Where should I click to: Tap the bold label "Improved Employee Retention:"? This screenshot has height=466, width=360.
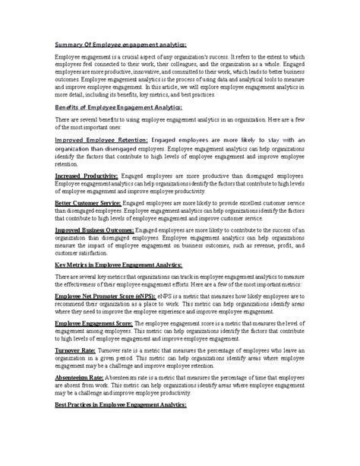point(102,140)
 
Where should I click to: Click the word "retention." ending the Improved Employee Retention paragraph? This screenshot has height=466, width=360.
point(68,163)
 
